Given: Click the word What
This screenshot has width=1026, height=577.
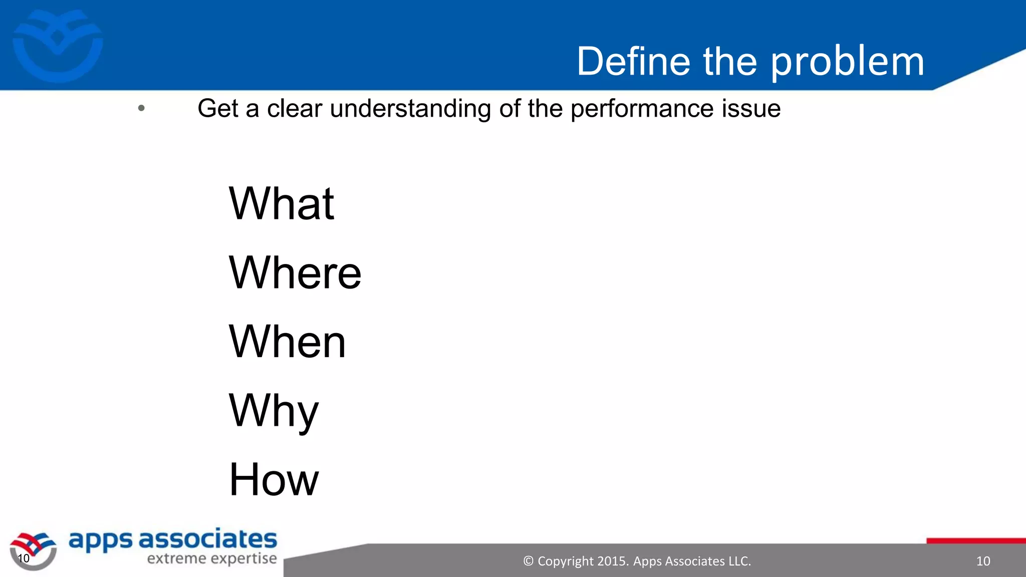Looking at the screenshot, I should [x=281, y=203].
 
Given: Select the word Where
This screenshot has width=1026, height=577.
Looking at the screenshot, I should [x=295, y=272].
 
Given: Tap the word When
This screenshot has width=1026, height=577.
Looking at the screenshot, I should [x=287, y=342].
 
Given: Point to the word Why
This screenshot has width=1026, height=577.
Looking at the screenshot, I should [x=274, y=411].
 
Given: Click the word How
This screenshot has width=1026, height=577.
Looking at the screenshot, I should [x=274, y=480].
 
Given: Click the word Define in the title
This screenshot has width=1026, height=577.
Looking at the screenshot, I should [x=633, y=61].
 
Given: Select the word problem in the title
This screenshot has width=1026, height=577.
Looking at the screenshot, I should [x=847, y=62].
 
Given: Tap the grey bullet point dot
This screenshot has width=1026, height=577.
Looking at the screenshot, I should [x=141, y=108].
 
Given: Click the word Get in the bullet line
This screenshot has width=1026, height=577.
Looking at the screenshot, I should [x=218, y=109].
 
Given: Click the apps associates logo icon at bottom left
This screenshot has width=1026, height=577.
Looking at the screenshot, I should [x=33, y=550].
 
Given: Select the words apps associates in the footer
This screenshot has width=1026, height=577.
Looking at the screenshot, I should [x=172, y=540].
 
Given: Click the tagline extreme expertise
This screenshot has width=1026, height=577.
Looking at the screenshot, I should [x=211, y=558].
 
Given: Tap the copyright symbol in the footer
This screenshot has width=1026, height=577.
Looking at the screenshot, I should [x=528, y=561].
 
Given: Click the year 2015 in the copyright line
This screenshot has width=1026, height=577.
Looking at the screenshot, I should [x=612, y=561].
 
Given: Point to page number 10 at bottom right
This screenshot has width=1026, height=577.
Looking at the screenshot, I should [x=983, y=561].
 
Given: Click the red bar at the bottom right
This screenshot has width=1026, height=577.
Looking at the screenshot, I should [x=976, y=541].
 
